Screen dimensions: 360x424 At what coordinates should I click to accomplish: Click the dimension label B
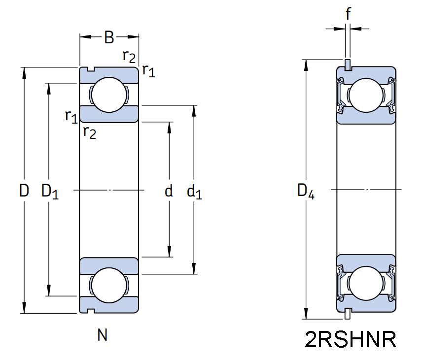coord(109,37)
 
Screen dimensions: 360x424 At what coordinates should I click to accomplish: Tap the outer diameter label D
coord(24,191)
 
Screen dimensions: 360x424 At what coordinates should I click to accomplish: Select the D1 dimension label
coord(50,191)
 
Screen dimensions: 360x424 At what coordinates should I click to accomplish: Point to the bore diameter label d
coord(169,191)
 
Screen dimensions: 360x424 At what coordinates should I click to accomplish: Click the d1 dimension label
coord(194,192)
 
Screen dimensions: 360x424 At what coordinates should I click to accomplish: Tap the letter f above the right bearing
coord(348,14)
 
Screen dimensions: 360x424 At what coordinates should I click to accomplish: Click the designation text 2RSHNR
coord(351,340)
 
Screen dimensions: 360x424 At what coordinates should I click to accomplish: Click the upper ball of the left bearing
coord(109,95)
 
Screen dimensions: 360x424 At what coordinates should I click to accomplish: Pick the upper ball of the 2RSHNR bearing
coord(366,95)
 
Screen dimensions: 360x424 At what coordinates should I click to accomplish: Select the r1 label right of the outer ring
coord(148,71)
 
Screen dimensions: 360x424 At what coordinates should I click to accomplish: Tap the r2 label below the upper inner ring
coord(89,132)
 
